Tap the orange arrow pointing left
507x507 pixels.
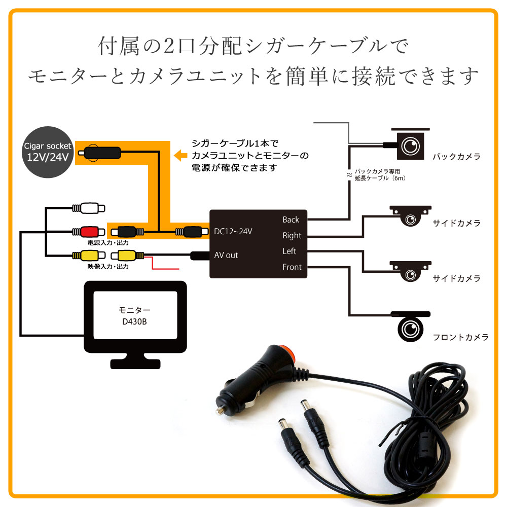pyautogui.click(x=180, y=155)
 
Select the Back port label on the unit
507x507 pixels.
pyautogui.click(x=291, y=220)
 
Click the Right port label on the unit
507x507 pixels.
pyautogui.click(x=292, y=235)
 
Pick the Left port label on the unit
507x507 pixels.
pyautogui.click(x=289, y=251)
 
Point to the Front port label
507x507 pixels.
pyautogui.click(x=292, y=267)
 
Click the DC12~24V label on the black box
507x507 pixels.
pyautogui.click(x=233, y=231)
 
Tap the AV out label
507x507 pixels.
pyautogui.click(x=226, y=255)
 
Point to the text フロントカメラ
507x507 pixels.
pyautogui.click(x=460, y=337)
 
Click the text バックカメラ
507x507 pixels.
pyautogui.click(x=456, y=157)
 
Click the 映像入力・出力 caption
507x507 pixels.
pyautogui.click(x=108, y=266)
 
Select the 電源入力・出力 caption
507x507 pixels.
pyautogui.click(x=108, y=242)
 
